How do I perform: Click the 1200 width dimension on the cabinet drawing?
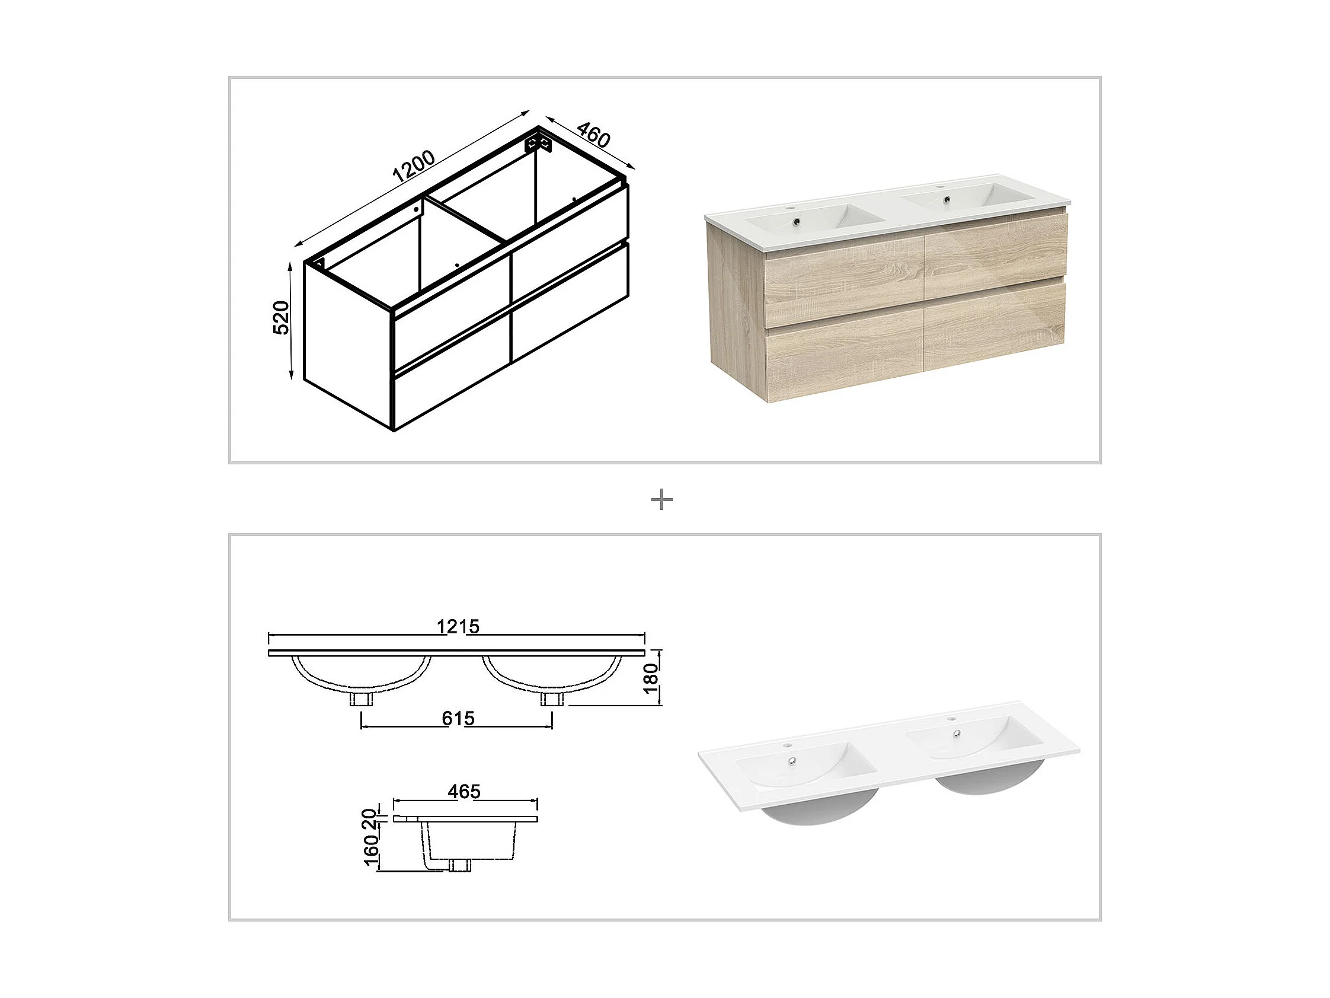pos(414,166)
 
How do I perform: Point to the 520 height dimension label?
pos(281,318)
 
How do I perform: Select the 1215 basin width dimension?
pos(458,627)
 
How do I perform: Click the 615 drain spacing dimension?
pos(458,718)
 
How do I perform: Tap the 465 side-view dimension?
pos(464,792)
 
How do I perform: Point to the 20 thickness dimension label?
pos(370,819)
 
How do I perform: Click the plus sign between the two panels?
pos(662,500)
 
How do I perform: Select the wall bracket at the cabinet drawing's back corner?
pos(538,143)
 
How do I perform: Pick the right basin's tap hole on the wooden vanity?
pos(942,189)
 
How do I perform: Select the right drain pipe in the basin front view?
pos(552,699)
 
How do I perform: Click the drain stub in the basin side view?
pos(461,865)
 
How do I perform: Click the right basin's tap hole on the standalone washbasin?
pos(952,719)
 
